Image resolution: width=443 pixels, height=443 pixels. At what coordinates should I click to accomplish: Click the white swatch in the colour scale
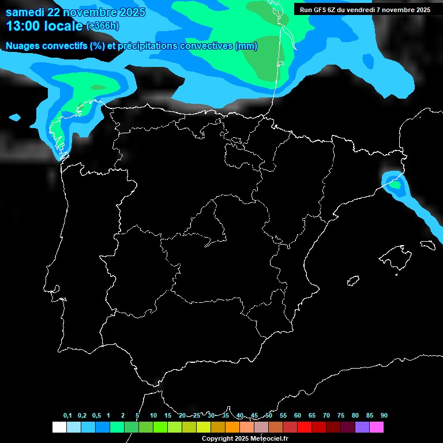coord(59,427)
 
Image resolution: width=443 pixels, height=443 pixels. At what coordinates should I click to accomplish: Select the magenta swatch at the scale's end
coord(377,427)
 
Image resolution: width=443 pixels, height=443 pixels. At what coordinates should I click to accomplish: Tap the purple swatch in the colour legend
coord(362,427)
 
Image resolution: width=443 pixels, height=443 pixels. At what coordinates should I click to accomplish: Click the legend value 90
coord(384,416)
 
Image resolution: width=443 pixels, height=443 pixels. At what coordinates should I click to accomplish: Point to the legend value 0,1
coord(67,416)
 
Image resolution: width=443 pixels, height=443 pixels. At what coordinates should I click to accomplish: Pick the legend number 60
coord(297,416)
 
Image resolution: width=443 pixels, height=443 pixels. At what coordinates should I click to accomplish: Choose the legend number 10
coord(153,416)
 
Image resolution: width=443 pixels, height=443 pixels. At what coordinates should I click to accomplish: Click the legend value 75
coord(340,416)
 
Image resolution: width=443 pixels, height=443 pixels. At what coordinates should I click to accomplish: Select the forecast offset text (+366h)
coord(103,26)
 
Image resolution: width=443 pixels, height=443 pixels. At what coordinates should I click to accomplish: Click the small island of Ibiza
coord(353,281)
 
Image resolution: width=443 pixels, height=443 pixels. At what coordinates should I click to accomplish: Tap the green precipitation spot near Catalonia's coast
coord(395,185)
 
